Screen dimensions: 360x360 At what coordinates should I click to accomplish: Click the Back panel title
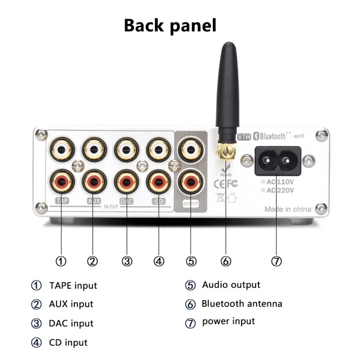pyautogui.click(x=170, y=25)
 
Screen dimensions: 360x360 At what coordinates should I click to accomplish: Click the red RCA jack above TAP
pyautogui.click(x=60, y=182)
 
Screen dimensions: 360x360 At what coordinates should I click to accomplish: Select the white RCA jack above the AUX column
pyautogui.click(x=93, y=148)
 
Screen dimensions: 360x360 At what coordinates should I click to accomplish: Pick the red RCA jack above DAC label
pyautogui.click(x=126, y=182)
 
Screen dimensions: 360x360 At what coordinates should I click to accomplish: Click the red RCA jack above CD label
pyautogui.click(x=159, y=182)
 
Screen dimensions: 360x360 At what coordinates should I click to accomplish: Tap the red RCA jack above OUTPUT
pyautogui.click(x=191, y=182)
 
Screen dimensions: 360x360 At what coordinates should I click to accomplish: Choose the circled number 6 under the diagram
pyautogui.click(x=226, y=261)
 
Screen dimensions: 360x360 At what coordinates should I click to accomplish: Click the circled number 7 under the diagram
pyautogui.click(x=276, y=261)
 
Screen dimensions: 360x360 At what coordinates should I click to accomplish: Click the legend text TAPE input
pyautogui.click(x=73, y=285)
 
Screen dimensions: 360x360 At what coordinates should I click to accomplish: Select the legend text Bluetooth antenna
pyautogui.click(x=242, y=304)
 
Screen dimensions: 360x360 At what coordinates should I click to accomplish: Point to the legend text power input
pyautogui.click(x=228, y=321)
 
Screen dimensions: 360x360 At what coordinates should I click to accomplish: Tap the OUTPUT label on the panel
pyautogui.click(x=191, y=203)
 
